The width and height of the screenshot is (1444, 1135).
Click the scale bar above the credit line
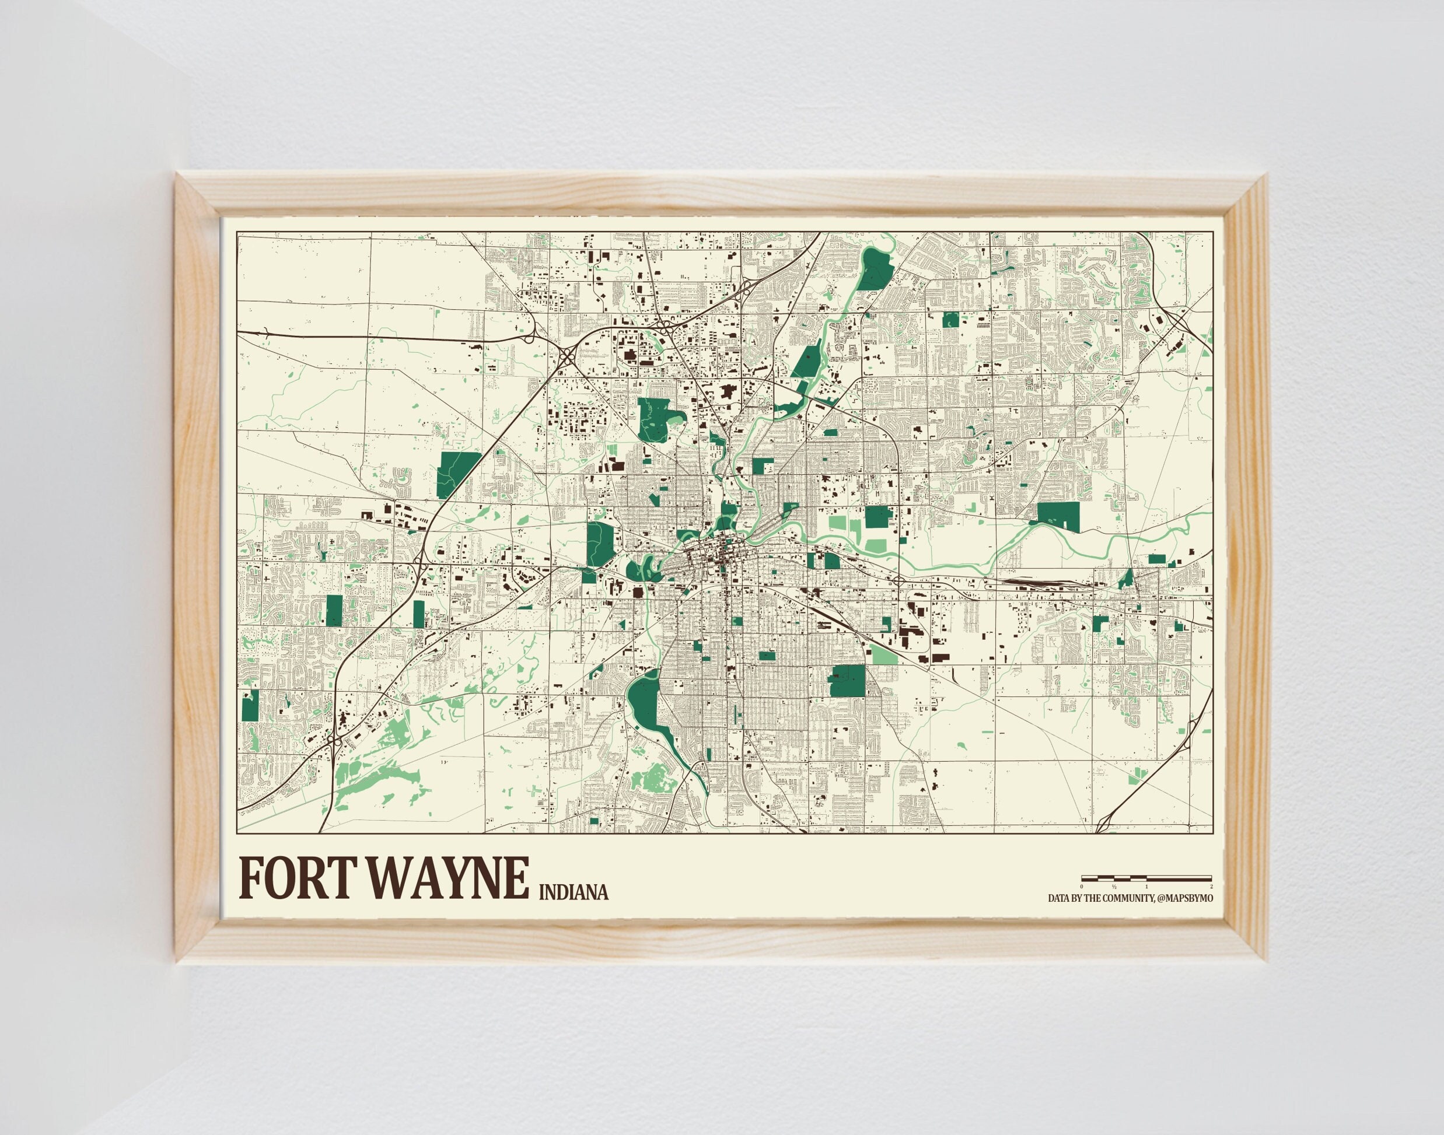pyautogui.click(x=1147, y=878)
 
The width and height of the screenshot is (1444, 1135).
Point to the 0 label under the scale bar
pyautogui.click(x=1082, y=887)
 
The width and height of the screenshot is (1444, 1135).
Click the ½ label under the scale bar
pyautogui.click(x=1114, y=887)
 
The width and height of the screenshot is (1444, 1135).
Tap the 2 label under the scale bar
pyautogui.click(x=1211, y=887)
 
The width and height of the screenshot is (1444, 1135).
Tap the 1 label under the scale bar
pyautogui.click(x=1147, y=887)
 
